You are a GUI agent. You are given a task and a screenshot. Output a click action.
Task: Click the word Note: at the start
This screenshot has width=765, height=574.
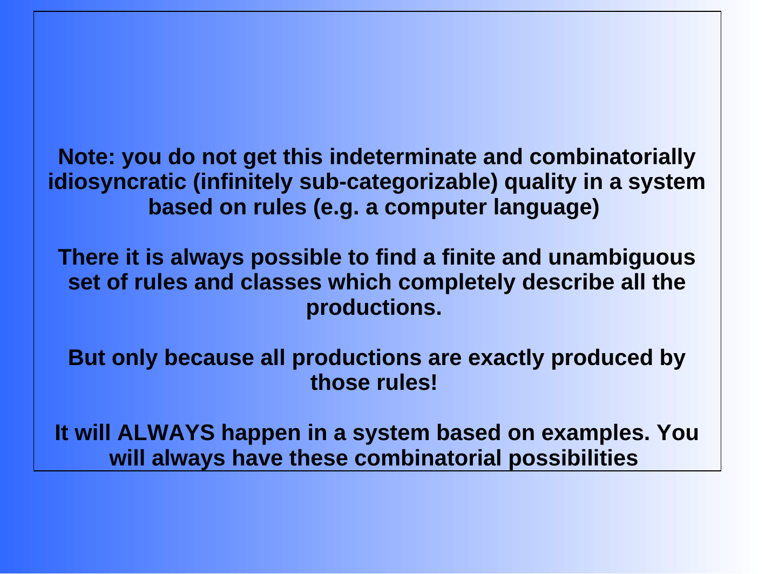[86, 157]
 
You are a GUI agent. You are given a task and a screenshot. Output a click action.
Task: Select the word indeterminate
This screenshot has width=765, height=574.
[403, 157]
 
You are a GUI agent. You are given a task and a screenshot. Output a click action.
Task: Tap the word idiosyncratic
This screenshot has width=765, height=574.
[117, 182]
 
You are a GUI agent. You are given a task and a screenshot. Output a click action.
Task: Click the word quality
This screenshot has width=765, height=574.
[540, 182]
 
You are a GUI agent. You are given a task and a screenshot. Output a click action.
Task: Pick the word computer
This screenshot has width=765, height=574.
[436, 207]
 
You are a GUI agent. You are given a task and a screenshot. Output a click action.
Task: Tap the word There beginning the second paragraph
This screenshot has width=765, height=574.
[89, 257]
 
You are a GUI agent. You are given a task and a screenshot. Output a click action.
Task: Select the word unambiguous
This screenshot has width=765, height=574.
[622, 257]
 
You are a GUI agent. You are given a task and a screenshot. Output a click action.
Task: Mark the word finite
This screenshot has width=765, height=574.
[469, 257]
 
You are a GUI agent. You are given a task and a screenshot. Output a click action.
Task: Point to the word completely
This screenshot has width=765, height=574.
[457, 282]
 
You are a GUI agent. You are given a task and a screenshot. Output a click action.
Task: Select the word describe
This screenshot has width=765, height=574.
[568, 282]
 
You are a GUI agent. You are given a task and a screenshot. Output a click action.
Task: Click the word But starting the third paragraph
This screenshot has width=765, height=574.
[86, 357]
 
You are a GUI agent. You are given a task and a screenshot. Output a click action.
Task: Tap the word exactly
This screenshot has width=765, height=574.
[506, 357]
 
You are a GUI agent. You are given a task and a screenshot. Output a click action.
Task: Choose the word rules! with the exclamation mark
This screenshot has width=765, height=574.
[407, 383]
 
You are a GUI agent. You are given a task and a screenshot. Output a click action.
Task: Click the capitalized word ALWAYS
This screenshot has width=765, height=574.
[166, 433]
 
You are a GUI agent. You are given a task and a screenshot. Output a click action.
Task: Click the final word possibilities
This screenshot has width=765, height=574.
[573, 458]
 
